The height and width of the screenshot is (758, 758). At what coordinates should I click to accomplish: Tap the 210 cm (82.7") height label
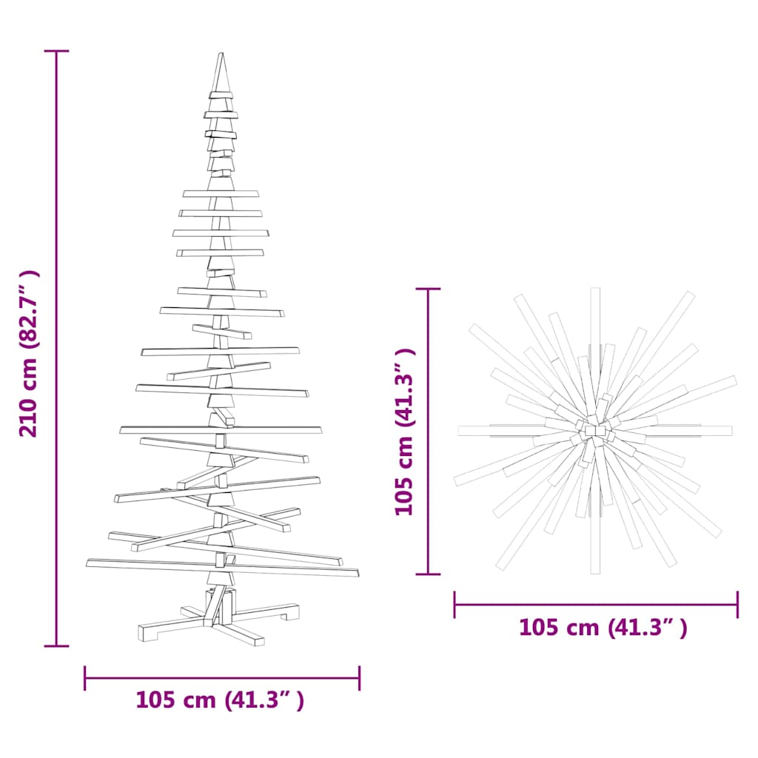(x=30, y=353)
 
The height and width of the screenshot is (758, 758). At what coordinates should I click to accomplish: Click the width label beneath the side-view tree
(x=220, y=700)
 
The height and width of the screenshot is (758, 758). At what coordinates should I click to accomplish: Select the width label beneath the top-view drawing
(x=603, y=628)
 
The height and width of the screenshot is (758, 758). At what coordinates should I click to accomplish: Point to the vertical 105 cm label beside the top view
(x=403, y=431)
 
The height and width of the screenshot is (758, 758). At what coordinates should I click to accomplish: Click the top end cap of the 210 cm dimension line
(x=56, y=51)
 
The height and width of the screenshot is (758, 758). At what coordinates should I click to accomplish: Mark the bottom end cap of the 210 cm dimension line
(x=56, y=645)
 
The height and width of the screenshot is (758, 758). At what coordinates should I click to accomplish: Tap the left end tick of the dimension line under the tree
(x=86, y=677)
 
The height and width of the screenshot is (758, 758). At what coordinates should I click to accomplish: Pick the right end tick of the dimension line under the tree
(x=359, y=677)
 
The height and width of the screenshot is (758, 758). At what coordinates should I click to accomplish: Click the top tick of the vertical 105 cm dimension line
(x=428, y=289)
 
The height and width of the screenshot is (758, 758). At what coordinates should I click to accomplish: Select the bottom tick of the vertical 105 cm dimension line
(x=428, y=573)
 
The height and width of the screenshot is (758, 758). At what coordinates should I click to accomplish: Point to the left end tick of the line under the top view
(x=455, y=604)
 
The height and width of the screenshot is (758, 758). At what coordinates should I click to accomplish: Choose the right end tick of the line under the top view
(x=737, y=604)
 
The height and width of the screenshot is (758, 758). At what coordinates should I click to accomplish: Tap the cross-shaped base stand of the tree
(x=220, y=618)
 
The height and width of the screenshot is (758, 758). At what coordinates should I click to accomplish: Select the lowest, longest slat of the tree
(x=222, y=568)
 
